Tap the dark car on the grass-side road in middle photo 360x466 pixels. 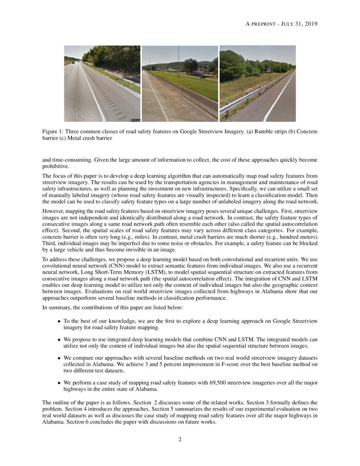pyautogui.click(x=202, y=77)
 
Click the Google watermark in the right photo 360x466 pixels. pyautogui.click(x=225, y=120)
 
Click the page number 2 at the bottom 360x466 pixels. pyautogui.click(x=180, y=439)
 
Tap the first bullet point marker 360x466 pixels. pyautogui.click(x=59, y=322)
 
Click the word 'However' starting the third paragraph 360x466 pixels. pyautogui.click(x=53, y=211)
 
